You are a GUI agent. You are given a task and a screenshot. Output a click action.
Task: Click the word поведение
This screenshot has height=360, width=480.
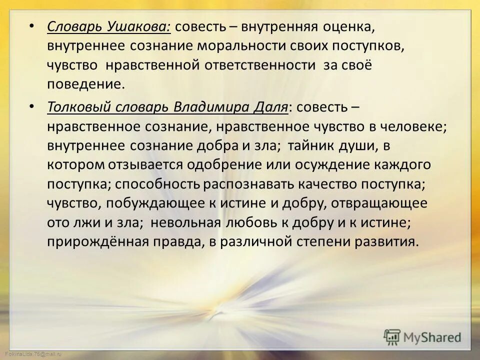84,83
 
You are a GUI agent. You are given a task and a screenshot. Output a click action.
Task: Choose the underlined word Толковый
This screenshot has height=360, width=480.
75,107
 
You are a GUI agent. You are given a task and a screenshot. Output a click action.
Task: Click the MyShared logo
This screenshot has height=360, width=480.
422,336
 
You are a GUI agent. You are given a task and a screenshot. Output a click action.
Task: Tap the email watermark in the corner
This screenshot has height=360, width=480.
30,354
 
